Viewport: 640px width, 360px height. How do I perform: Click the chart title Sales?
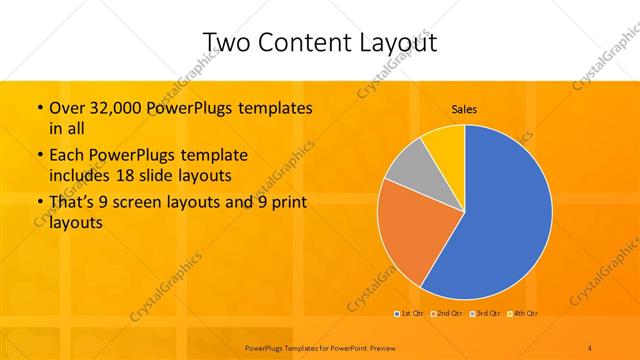tap(464, 108)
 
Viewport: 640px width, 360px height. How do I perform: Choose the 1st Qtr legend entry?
tap(408, 314)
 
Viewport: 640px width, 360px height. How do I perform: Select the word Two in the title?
tap(226, 42)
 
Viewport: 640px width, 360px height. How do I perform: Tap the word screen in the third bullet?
tap(140, 206)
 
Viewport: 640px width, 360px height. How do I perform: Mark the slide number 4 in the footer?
tap(590, 346)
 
